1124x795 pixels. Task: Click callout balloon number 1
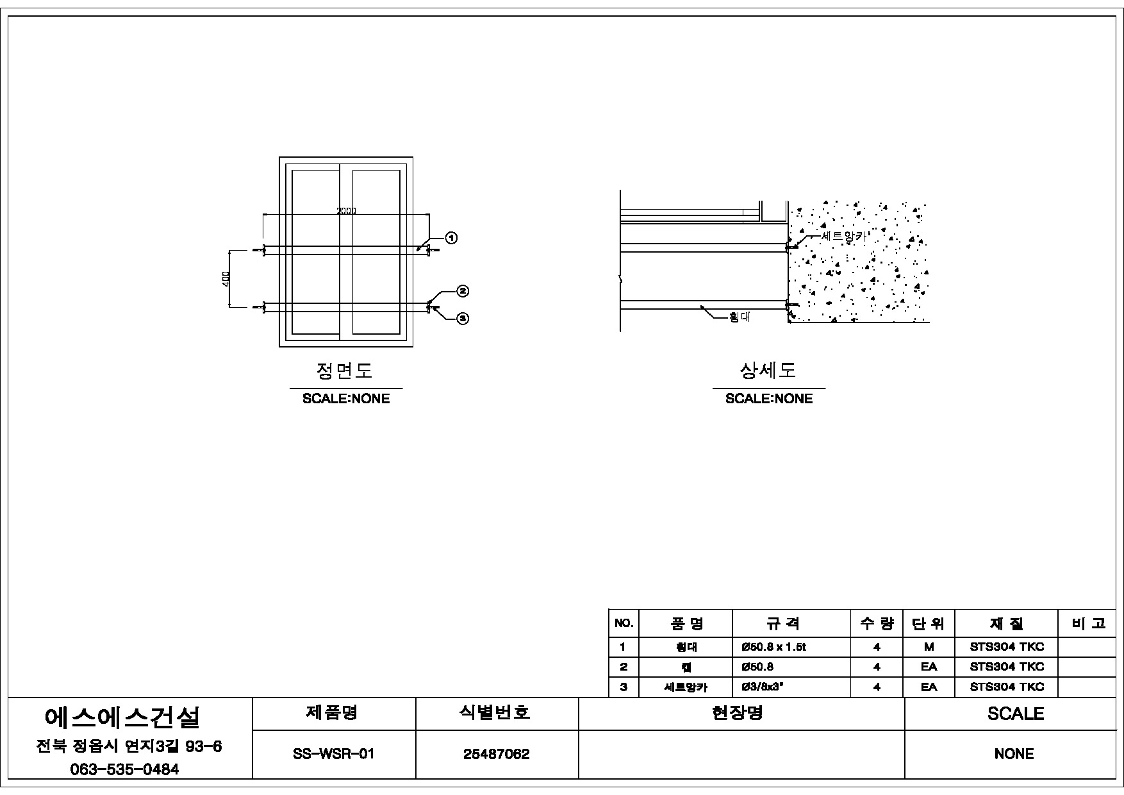tap(451, 238)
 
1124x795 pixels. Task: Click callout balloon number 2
tap(463, 291)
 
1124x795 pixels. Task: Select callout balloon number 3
tap(463, 318)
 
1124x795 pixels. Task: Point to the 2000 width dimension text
tap(347, 211)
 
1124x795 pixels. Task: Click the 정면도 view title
tap(345, 371)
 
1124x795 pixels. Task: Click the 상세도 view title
tap(768, 371)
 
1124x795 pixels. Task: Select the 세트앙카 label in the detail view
tap(843, 236)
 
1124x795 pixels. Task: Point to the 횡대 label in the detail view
tap(740, 317)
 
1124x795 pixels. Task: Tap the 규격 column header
tap(784, 623)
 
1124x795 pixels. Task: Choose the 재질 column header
tap(1007, 623)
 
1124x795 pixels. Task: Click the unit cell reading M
tap(929, 648)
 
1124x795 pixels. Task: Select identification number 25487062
tap(497, 755)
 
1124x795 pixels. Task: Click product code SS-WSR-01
tap(333, 755)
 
